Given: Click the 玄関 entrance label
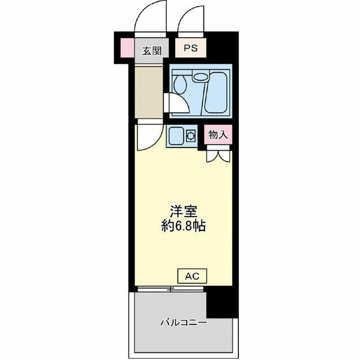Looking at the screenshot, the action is coord(152,51).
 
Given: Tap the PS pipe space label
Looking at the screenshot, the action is coord(191,48).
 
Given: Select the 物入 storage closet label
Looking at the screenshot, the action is coord(218,134).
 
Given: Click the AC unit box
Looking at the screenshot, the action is coord(193,276).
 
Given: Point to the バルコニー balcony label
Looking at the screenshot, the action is coord(184,323).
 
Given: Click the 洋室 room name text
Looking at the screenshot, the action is coord(184,212).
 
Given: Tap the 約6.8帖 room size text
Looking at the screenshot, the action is coord(184,226).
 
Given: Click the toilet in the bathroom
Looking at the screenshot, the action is coord(181,83).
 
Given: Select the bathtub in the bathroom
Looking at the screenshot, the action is coord(216,92).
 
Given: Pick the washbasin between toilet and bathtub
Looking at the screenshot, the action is coord(200,76).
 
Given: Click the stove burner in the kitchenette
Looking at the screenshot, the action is coord(191,136).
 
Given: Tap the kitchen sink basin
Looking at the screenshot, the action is coord(176,136).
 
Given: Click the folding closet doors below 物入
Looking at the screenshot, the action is coord(218,156).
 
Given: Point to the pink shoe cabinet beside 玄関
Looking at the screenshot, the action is coord(127,48).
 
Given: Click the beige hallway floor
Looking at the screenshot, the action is coord(149,92).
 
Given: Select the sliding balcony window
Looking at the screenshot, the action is coord(170,289).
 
